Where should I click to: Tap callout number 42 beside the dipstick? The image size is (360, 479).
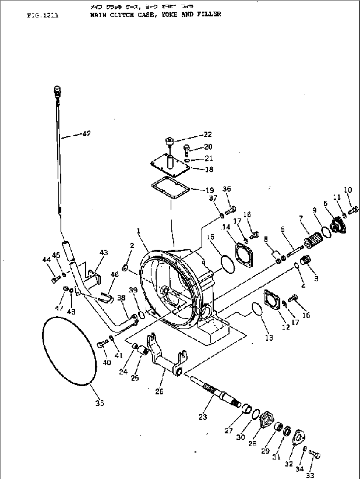click(x=87, y=134)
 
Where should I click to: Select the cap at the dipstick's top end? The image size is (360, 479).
click(x=57, y=89)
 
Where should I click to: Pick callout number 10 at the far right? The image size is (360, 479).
click(x=348, y=190)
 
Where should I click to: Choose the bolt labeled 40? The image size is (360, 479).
click(x=101, y=345)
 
